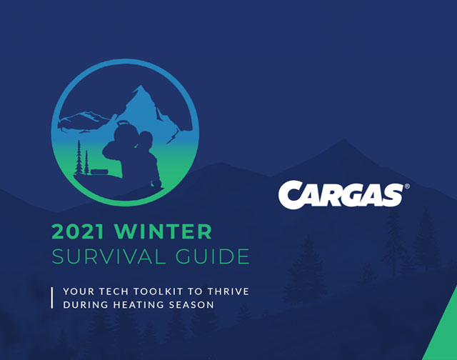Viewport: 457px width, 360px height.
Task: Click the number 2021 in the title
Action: [78, 231]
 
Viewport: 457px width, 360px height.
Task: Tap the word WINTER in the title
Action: [163, 231]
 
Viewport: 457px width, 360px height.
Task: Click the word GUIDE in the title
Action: [213, 256]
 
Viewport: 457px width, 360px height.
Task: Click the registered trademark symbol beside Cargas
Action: [407, 186]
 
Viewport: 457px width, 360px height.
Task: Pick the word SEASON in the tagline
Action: [191, 305]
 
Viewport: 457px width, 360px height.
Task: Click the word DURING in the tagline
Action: [86, 305]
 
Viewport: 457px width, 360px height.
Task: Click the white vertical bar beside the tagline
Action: [52, 298]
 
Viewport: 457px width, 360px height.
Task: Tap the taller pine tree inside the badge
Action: [79, 158]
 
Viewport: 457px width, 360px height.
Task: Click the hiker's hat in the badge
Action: [124, 123]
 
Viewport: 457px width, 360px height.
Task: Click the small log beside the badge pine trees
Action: [99, 171]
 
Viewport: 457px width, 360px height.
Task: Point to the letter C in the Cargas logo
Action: [291, 195]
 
